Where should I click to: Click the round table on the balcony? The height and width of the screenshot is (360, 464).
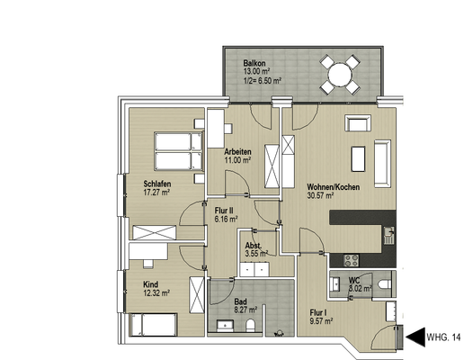coord(340,74)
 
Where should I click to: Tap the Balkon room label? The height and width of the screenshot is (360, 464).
coord(254,63)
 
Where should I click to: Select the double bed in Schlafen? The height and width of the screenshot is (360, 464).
coord(178,151)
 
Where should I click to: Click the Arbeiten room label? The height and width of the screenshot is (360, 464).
coord(237,152)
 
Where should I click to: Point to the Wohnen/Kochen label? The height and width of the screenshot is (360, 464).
coord(333,187)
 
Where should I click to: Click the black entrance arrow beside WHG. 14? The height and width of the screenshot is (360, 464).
coord(415,337)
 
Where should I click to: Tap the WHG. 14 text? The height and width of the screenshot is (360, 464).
coord(443,337)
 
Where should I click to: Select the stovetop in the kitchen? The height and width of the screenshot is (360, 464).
coord(352,260)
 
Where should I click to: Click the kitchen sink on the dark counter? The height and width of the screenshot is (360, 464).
coord(389,235)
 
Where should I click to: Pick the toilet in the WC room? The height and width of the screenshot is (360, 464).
coord(385,283)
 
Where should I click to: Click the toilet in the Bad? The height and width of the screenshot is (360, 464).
coord(250,326)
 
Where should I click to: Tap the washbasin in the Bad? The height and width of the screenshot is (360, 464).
coord(225,326)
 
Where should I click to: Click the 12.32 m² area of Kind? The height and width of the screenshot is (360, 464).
coord(156,292)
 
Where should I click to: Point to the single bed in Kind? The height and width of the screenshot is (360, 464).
coord(153,325)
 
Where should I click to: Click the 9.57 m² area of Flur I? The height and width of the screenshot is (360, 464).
coord(321,321)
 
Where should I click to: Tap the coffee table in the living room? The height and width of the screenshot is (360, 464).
coord(358,158)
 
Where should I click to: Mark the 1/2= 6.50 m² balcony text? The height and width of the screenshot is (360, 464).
coord(263,81)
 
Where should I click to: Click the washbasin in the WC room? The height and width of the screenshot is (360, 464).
coord(335,284)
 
